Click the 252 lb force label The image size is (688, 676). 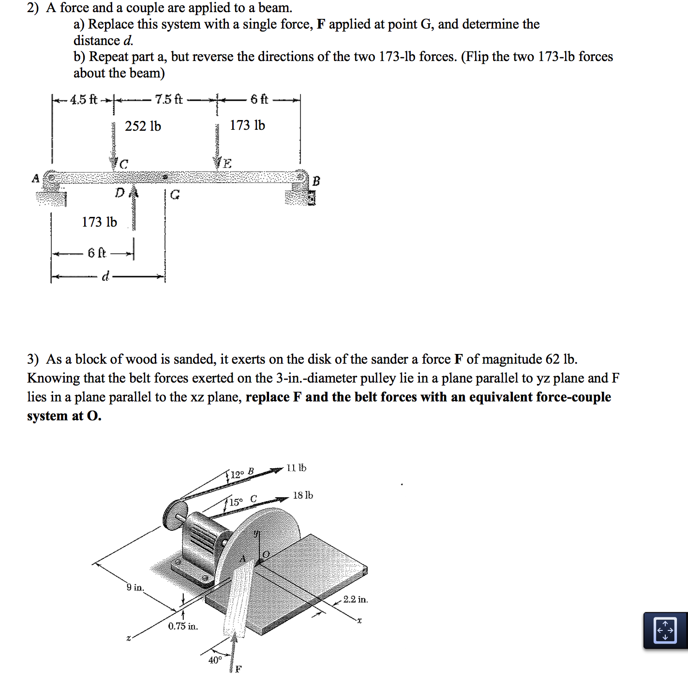tap(143, 126)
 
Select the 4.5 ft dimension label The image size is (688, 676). tap(83, 100)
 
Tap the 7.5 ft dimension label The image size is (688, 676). tap(168, 99)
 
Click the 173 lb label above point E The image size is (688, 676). tap(247, 125)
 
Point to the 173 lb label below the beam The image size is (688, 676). tap(99, 222)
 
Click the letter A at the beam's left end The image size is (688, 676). tap(35, 179)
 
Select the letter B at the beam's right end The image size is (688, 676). tap(316, 181)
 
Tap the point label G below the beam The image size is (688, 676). tap(175, 195)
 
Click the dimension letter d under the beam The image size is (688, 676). tap(105, 277)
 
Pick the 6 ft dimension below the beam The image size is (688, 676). tap(96, 253)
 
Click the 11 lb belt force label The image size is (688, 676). tap(296, 468)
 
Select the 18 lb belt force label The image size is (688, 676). tap(303, 495)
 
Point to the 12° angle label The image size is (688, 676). tap(238, 475)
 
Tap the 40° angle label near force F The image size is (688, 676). tap(215, 660)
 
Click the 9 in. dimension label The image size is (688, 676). tap(135, 587)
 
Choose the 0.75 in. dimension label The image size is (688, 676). tap(183, 626)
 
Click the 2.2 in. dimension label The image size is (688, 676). tap(356, 599)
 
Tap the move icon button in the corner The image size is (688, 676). tap(665, 630)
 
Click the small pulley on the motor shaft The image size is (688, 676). tap(173, 516)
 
